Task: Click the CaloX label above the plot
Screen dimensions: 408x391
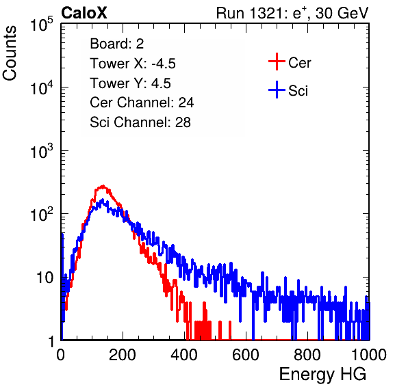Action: tap(84, 13)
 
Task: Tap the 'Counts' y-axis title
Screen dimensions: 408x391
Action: tap(10, 53)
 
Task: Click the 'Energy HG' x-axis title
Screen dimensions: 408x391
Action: tap(322, 374)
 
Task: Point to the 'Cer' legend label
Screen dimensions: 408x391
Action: tap(299, 63)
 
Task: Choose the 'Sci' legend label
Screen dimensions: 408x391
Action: tap(298, 91)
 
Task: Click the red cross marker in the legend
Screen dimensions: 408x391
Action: tap(277, 62)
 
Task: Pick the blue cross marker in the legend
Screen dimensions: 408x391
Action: tap(277, 90)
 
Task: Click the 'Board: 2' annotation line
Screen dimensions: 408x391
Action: tap(117, 44)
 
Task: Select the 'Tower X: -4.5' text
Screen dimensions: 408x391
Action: tap(133, 64)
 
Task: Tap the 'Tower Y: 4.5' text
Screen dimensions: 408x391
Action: tap(130, 83)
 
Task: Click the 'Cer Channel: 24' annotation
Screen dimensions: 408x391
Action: tap(142, 103)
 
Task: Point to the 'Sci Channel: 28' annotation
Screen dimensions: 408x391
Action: tap(140, 122)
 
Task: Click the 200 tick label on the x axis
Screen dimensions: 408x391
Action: tap(123, 355)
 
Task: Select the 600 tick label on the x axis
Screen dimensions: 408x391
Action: tap(246, 355)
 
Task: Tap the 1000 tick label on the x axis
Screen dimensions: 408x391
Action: tap(369, 355)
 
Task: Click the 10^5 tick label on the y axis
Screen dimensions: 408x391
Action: tap(42, 25)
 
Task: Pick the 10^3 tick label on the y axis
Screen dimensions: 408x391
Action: tap(42, 152)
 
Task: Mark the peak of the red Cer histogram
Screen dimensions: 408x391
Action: tap(103, 186)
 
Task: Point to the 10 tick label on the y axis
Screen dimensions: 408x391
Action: tap(44, 278)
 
